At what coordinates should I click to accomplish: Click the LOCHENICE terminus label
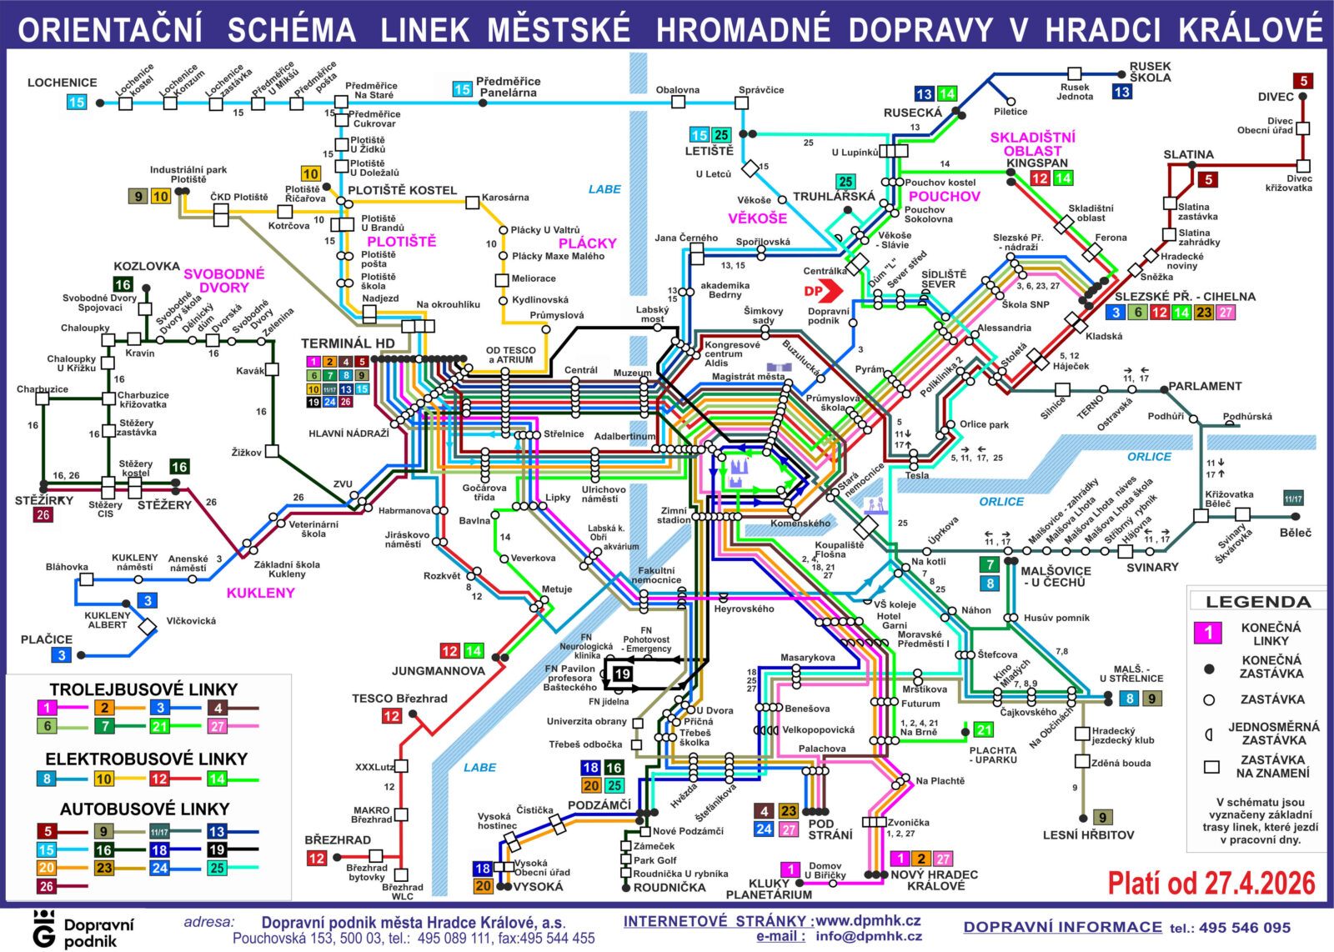coord(62,83)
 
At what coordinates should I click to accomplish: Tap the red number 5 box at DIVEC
coord(1303,81)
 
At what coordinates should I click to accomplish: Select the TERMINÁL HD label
coord(348,343)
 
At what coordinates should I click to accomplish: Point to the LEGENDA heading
coord(1257,602)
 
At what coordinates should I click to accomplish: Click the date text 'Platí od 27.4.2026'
coord(1211,884)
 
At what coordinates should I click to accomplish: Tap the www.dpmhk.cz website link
coord(868,920)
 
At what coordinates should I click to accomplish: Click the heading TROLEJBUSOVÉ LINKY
coord(143,689)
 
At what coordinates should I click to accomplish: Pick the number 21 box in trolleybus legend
coord(159,726)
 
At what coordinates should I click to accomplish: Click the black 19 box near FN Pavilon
coord(622,674)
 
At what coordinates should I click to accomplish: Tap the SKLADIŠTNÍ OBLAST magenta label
coord(1032,143)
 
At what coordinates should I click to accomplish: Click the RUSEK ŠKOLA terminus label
coord(1150,72)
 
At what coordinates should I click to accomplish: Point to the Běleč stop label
coord(1295,533)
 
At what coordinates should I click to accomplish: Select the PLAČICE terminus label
coord(47,639)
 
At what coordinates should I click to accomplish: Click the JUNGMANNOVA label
coord(438,670)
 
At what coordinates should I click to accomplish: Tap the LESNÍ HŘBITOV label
coord(1088,834)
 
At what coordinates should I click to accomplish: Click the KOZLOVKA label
coord(147,266)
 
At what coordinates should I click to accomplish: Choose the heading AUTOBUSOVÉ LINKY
coord(144,809)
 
